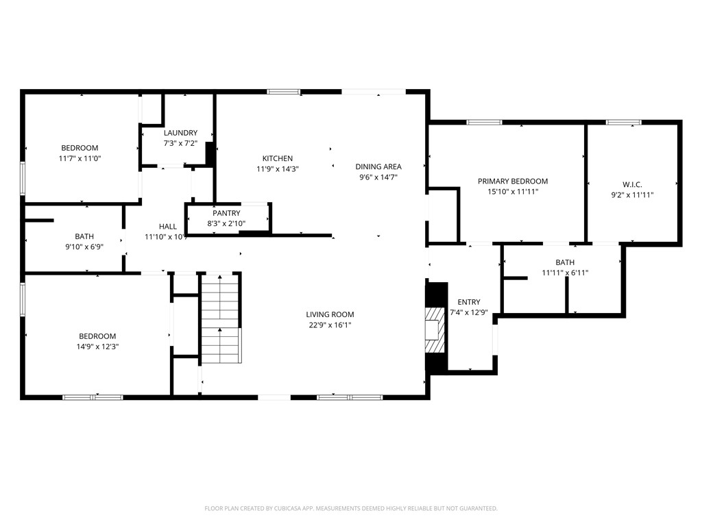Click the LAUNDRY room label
pos(180,133)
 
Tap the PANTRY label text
pos(226,214)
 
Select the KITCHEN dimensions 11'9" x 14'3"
pos(278,169)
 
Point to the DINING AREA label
pos(378,167)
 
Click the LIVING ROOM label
pos(330,314)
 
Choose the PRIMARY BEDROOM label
pos(513,181)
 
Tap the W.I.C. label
pos(632,184)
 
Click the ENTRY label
pos(469,302)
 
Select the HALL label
pos(168,227)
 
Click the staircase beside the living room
pos(220,318)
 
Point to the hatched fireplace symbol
pos(435,330)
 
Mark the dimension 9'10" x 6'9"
pos(84,247)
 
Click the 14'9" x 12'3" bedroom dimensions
pos(97,347)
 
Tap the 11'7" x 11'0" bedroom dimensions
pos(80,158)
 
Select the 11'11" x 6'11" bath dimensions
pos(565,273)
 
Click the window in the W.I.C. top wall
pos(624,122)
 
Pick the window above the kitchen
pos(283,92)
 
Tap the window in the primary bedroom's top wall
pos(484,122)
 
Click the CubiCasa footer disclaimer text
pos(351,509)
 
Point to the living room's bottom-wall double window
pos(350,397)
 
